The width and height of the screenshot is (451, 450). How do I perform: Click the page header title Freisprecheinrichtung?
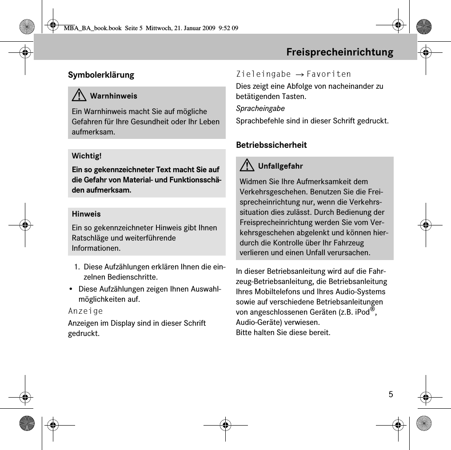point(339,52)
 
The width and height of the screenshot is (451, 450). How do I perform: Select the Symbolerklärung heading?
point(101,75)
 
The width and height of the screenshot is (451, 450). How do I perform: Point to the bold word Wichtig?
point(86,156)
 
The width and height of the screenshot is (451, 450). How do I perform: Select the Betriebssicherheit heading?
point(271,145)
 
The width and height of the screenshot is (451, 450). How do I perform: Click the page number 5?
point(391,395)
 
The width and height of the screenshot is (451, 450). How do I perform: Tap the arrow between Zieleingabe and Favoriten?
point(299,75)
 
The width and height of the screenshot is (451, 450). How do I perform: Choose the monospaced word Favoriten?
point(328,74)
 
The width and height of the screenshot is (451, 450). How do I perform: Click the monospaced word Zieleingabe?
point(263,74)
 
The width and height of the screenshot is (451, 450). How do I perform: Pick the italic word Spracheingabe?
point(260,109)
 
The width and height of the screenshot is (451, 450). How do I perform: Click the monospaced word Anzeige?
point(85,311)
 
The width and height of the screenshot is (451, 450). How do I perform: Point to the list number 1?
point(77,267)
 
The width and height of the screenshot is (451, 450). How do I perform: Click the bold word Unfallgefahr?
point(280,166)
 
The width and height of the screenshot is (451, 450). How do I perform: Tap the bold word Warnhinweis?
point(113,96)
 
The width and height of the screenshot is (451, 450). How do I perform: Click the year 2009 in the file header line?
point(208,28)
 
